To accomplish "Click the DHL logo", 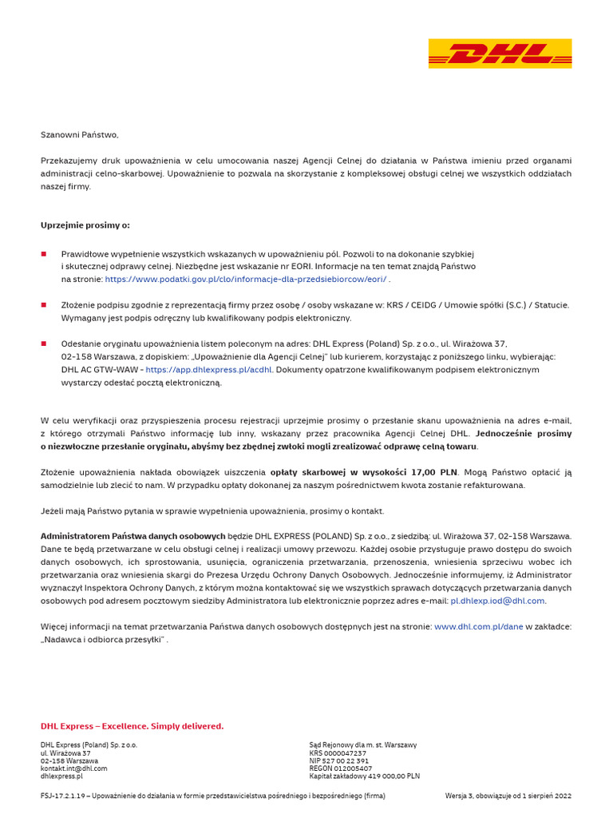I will [500, 54].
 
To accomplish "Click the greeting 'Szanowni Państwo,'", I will [79, 135].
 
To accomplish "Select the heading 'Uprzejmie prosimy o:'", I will [85, 225].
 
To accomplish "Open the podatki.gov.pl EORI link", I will [246, 280].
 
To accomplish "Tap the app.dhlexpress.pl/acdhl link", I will [209, 370].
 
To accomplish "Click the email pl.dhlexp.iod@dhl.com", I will [497, 601].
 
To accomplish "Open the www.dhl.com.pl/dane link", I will [478, 627].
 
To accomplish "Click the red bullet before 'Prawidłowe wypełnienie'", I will [44, 254].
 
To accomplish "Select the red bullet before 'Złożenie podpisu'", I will [44, 305].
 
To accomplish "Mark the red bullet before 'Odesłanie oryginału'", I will [44, 344].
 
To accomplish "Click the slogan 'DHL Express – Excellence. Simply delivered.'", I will [132, 726].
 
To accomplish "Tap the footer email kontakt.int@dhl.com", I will [73, 768].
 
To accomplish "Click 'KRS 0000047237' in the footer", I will [338, 753].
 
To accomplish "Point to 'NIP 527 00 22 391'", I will [338, 761].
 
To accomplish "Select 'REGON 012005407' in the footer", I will [340, 768].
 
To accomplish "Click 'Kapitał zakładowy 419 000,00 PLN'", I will [364, 776].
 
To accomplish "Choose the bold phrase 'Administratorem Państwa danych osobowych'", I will [132, 536].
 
